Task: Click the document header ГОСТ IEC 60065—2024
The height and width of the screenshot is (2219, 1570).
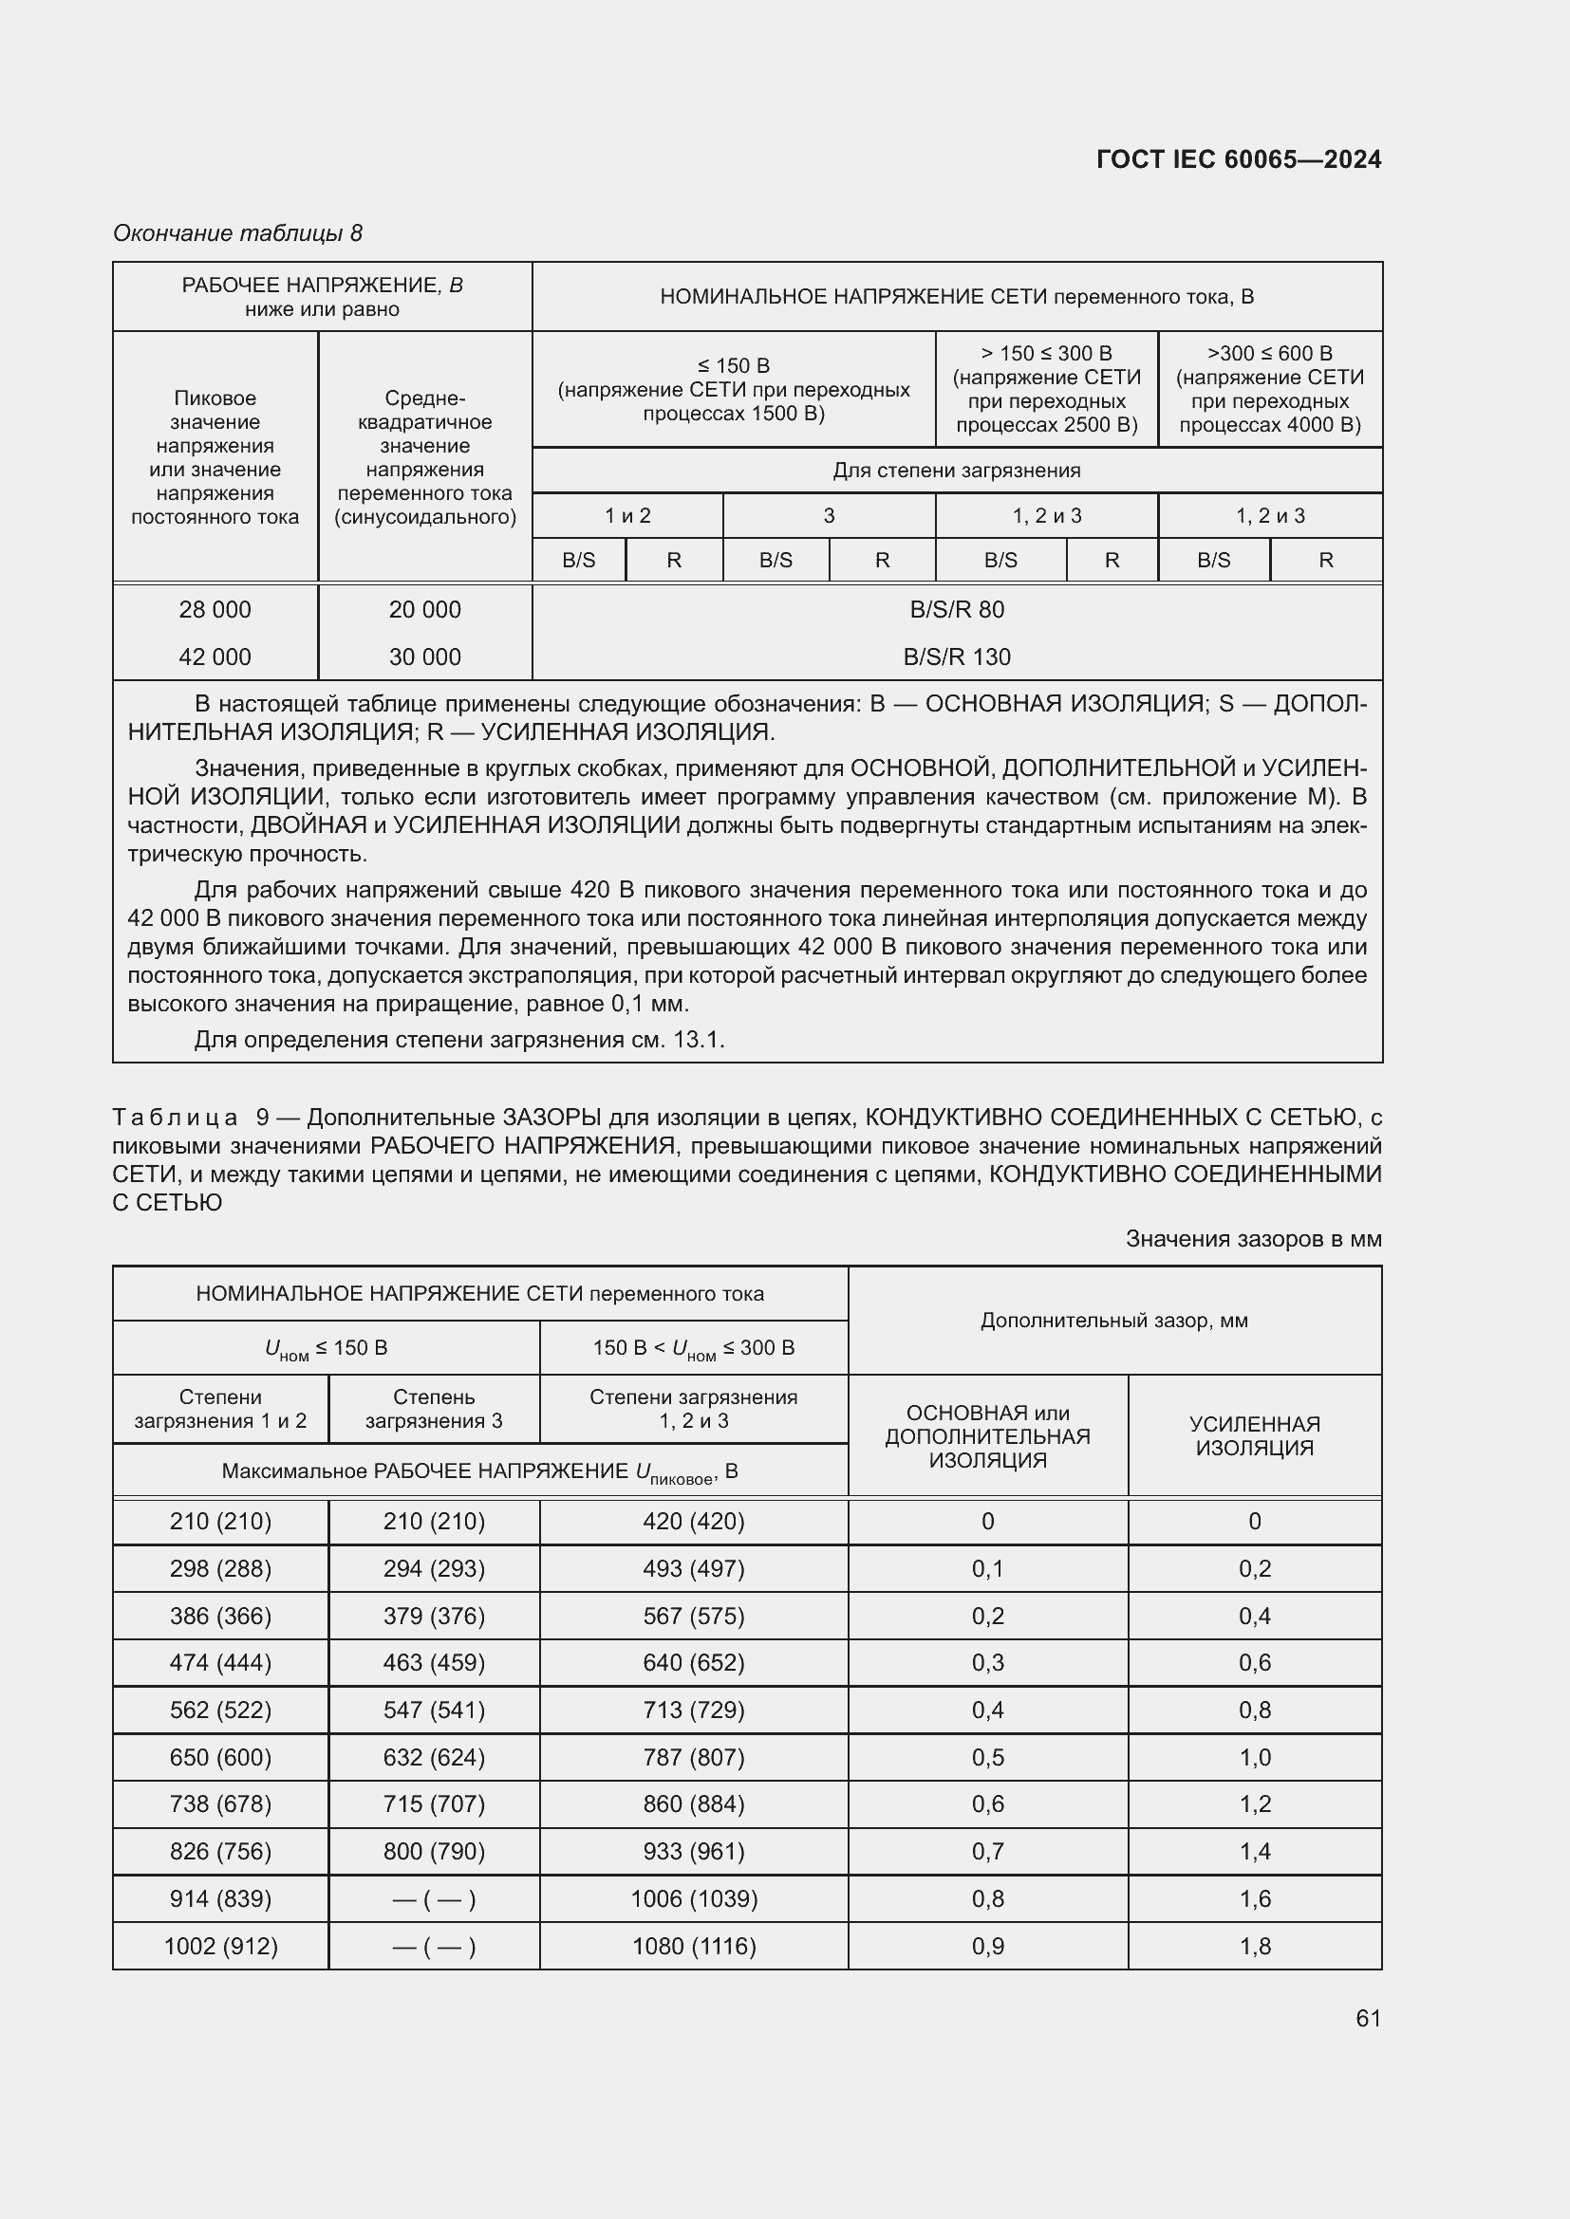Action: coord(1239,159)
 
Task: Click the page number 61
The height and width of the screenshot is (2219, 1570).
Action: coord(1368,2018)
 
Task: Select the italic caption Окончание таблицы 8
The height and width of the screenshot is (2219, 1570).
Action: coord(238,233)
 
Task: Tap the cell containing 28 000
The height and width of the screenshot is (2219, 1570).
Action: coord(215,610)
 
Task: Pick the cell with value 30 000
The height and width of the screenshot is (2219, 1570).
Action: coord(424,657)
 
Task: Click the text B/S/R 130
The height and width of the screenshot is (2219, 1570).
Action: coord(956,657)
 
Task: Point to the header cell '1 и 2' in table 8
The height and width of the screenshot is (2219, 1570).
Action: coord(627,516)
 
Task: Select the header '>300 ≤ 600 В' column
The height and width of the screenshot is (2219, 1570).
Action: coord(1269,389)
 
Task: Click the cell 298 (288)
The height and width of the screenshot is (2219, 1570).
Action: coord(220,1568)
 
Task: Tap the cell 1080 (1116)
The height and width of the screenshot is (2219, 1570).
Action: coord(693,1947)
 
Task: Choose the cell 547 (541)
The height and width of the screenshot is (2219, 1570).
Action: coord(434,1710)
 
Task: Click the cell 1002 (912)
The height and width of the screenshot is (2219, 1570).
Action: coord(220,1947)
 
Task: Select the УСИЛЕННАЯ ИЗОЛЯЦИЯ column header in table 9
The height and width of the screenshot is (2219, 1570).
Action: coord(1254,1435)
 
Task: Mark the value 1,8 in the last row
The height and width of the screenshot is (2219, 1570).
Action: coord(1254,1947)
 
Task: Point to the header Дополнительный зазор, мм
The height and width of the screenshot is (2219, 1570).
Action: coord(1113,1321)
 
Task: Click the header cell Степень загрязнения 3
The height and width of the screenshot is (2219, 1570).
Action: coord(434,1408)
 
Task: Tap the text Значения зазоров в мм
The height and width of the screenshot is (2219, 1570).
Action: coord(1253,1239)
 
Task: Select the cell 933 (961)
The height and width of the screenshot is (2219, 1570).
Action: coord(693,1852)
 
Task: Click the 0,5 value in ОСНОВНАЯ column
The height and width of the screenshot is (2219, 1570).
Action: coord(987,1757)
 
